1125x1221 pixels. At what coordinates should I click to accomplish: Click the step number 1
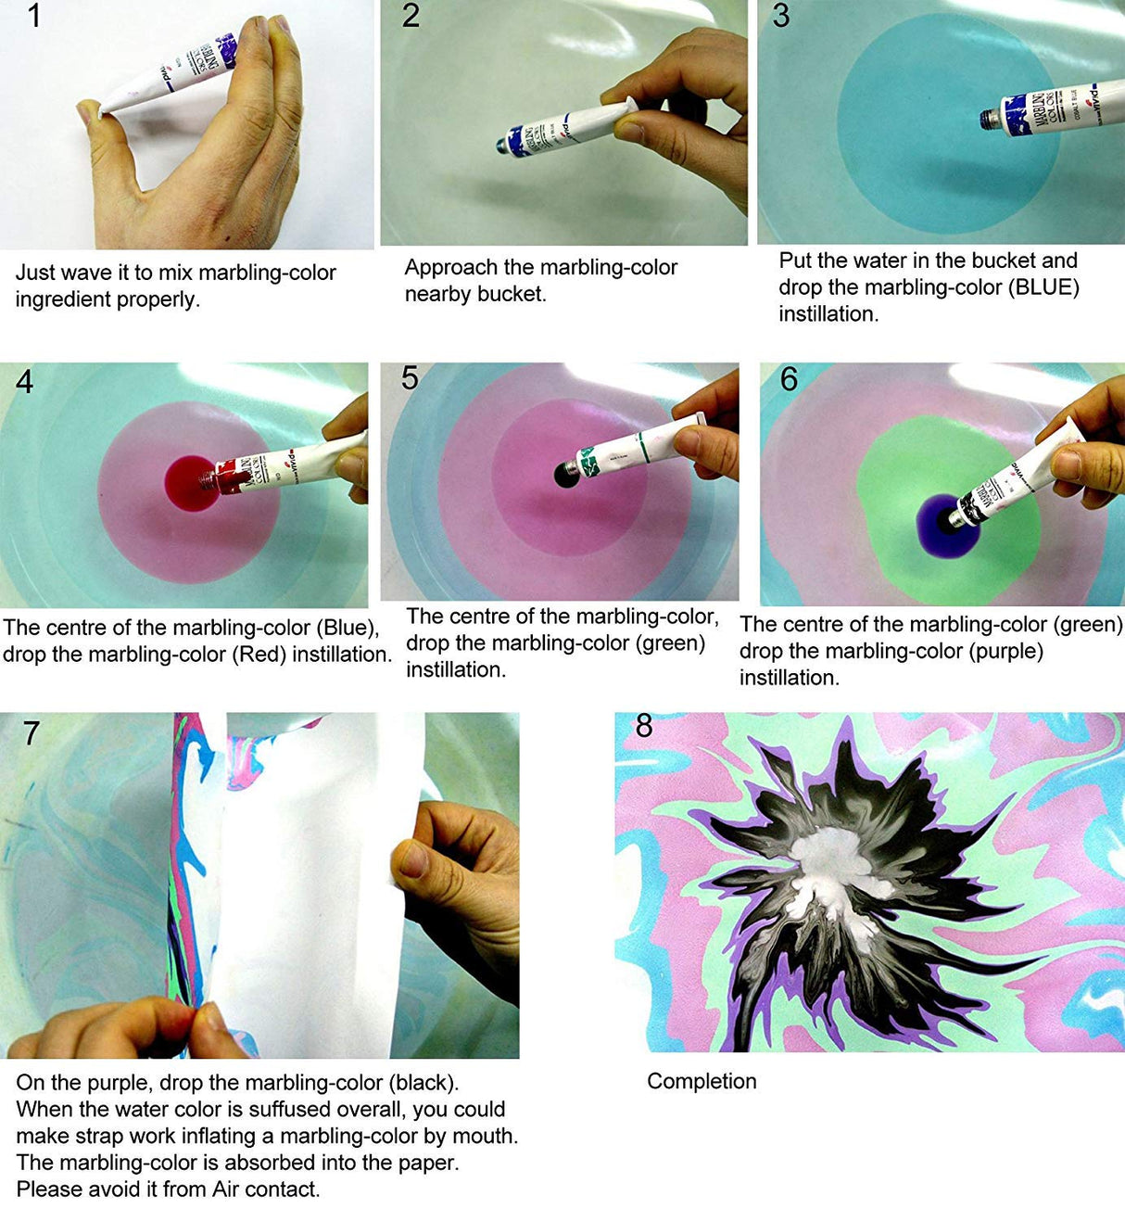(x=33, y=16)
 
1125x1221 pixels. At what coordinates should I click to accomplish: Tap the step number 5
(x=410, y=377)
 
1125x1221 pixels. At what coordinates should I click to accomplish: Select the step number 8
(x=644, y=725)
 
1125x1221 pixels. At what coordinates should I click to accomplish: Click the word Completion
(x=702, y=1081)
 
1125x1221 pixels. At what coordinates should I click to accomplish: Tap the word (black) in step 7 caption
(x=422, y=1083)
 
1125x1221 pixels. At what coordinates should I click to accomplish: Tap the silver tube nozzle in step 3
(x=992, y=119)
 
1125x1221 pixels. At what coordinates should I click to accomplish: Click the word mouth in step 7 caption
(x=487, y=1137)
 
